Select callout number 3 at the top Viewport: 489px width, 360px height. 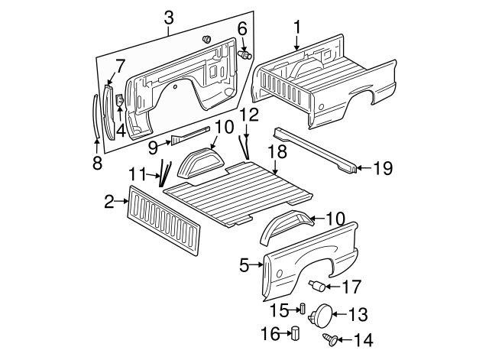tap(169, 17)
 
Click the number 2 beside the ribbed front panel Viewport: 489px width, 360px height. tap(109, 202)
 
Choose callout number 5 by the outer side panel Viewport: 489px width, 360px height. tap(244, 265)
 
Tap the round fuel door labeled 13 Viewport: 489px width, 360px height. tap(324, 314)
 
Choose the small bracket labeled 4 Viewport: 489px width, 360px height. tap(120, 99)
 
